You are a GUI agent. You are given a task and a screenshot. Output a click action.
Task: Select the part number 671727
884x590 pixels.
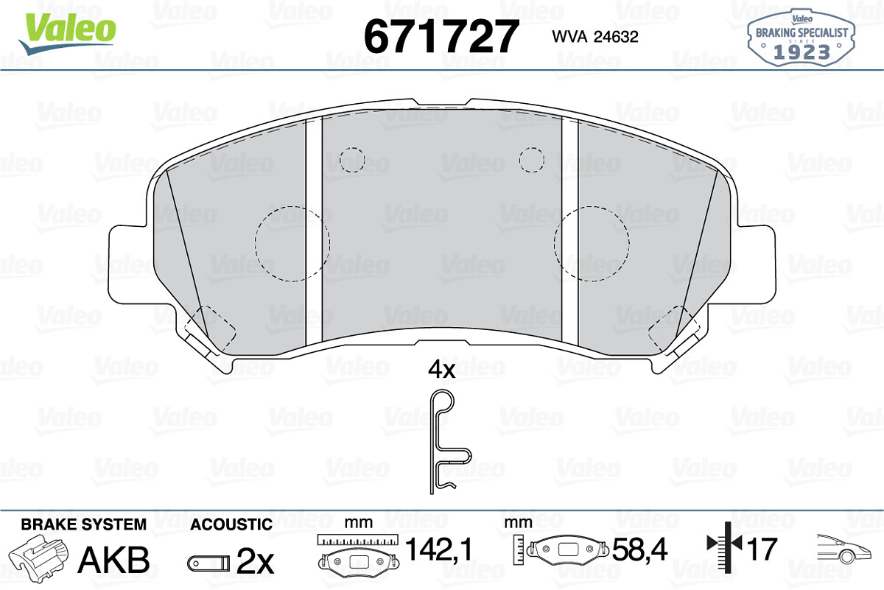point(441,36)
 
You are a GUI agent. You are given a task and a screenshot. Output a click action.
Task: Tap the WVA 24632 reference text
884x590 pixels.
point(595,37)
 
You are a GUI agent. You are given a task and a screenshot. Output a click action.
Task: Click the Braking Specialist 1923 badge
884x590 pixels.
point(801,38)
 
